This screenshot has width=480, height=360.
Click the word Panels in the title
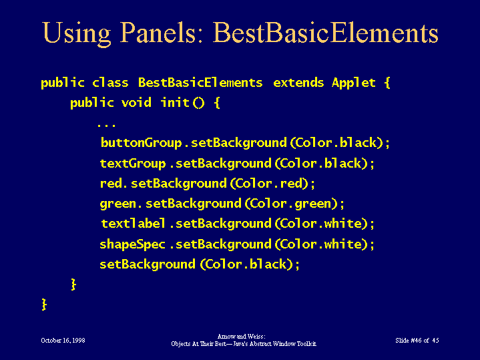[158, 33]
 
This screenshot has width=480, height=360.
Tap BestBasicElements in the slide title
[325, 33]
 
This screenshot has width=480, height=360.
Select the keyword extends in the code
[298, 83]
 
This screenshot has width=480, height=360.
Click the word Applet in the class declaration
[354, 83]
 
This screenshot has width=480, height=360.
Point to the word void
[136, 103]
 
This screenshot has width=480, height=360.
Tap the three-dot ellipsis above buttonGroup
[106, 126]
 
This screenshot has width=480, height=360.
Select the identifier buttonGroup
[141, 143]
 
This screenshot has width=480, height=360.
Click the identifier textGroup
[133, 163]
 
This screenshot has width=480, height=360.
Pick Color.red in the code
[269, 183]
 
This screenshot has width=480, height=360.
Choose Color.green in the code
[291, 204]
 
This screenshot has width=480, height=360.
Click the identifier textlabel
[133, 223]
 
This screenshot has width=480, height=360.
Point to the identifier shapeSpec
[133, 244]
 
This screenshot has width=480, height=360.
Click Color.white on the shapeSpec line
[321, 244]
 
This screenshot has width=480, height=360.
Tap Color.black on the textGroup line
[321, 163]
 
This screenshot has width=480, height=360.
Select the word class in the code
[110, 83]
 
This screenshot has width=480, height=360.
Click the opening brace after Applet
[387, 83]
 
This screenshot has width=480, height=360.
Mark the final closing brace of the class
[44, 305]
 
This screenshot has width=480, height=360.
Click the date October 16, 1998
[63, 341]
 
